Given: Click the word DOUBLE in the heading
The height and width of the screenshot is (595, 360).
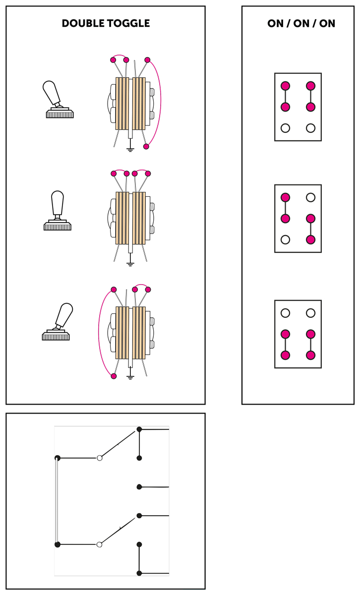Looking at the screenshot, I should point(83,23).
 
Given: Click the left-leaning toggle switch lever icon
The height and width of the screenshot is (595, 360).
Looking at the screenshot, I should point(58,100).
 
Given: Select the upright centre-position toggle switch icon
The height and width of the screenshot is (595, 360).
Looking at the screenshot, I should point(58,211).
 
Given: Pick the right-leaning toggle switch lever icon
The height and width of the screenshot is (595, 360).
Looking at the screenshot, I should point(58,322).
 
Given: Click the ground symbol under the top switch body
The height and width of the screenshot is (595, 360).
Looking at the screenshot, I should point(130,149).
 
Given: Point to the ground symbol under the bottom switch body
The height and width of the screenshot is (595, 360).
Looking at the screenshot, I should point(130,376).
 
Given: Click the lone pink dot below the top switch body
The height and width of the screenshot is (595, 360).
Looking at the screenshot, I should point(146,146).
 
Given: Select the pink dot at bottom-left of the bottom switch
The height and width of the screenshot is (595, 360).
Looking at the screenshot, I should point(114,376).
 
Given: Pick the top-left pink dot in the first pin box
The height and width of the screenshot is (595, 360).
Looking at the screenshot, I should point(285,86).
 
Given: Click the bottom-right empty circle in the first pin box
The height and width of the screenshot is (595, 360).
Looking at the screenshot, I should point(311,128).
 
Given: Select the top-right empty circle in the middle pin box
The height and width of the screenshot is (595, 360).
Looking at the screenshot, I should point(311,197).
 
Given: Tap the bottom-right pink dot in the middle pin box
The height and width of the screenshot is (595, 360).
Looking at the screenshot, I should point(311,239).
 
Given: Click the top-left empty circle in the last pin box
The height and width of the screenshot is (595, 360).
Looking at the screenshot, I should point(285,313).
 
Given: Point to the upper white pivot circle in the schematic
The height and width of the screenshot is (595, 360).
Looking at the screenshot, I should point(100,458).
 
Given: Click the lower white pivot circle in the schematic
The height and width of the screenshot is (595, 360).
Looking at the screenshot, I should point(99,544).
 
